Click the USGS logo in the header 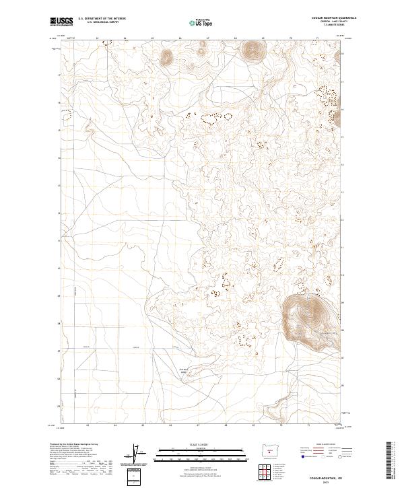pos(61,22)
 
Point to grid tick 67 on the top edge pos(207,38)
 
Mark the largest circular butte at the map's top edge pos(253,49)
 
